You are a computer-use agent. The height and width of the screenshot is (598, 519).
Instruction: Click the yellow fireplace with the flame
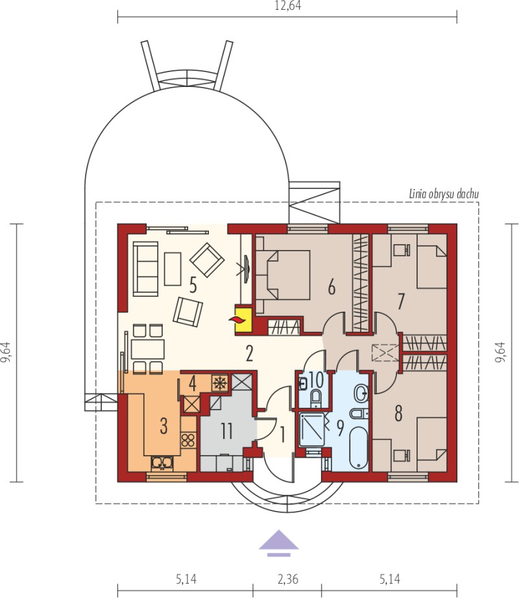click(243, 319)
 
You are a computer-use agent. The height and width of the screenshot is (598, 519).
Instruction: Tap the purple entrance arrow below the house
click(278, 543)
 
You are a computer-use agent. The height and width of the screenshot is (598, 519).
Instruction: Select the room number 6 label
click(332, 287)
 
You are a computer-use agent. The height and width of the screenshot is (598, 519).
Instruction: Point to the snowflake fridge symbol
click(219, 383)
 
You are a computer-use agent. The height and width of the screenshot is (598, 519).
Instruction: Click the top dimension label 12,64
click(287, 6)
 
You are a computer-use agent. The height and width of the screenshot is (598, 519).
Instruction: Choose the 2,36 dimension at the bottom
click(287, 579)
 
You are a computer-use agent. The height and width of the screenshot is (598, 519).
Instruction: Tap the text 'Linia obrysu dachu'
click(444, 193)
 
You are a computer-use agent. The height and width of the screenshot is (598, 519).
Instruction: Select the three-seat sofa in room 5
click(145, 269)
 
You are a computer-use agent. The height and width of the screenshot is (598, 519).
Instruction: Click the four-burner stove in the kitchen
click(188, 440)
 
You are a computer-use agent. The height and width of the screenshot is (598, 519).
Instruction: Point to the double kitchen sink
click(162, 462)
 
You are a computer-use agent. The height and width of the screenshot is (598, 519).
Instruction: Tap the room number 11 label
click(226, 431)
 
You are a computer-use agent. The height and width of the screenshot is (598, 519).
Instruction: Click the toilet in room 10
click(316, 397)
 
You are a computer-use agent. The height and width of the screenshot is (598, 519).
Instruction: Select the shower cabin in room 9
click(312, 429)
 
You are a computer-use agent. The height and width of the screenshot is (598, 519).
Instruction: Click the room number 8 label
click(398, 413)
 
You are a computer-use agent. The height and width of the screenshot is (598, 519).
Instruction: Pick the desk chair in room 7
click(402, 250)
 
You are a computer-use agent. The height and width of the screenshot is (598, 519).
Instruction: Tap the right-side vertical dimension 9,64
click(500, 352)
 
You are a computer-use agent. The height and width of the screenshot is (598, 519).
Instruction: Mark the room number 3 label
click(163, 426)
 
